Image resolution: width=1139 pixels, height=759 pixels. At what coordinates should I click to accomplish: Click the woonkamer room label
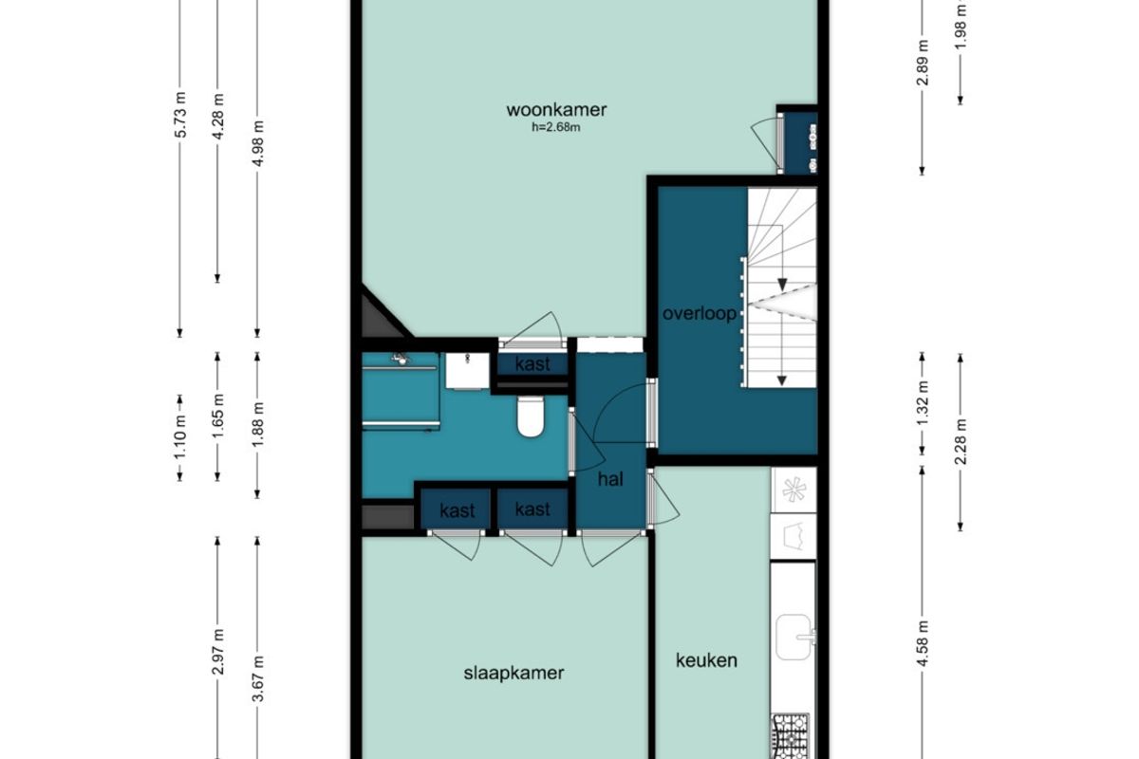(556, 110)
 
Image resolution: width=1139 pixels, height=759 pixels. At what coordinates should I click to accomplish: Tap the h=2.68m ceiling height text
(556, 127)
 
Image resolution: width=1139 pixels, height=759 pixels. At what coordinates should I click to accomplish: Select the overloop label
(700, 313)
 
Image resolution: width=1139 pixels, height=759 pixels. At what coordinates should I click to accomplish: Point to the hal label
(610, 479)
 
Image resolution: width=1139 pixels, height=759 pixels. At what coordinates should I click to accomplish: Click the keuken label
(706, 660)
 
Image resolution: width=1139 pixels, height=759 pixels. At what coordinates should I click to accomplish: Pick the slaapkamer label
(513, 673)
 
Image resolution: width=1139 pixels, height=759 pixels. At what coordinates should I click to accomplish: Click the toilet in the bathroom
(531, 417)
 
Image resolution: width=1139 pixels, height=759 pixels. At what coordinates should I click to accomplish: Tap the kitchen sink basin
(794, 637)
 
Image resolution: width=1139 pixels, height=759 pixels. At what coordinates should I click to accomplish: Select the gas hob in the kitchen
(791, 736)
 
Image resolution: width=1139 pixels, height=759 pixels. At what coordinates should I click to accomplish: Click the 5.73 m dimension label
(180, 115)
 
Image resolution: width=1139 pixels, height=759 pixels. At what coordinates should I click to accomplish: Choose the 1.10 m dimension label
(180, 437)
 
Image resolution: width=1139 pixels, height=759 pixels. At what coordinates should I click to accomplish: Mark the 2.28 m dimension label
(961, 442)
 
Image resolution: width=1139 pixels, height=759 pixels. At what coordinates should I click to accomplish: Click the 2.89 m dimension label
(923, 63)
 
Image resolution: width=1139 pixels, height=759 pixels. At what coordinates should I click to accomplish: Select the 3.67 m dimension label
(258, 678)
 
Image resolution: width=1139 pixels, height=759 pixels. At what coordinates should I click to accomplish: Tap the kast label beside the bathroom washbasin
(532, 364)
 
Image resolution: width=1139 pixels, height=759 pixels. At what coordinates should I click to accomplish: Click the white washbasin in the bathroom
(467, 371)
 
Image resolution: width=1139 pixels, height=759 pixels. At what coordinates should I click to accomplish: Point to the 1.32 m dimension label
(923, 403)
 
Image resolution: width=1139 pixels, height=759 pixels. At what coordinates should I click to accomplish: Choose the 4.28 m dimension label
(218, 116)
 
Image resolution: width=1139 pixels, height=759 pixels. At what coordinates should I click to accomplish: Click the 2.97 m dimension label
(218, 652)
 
